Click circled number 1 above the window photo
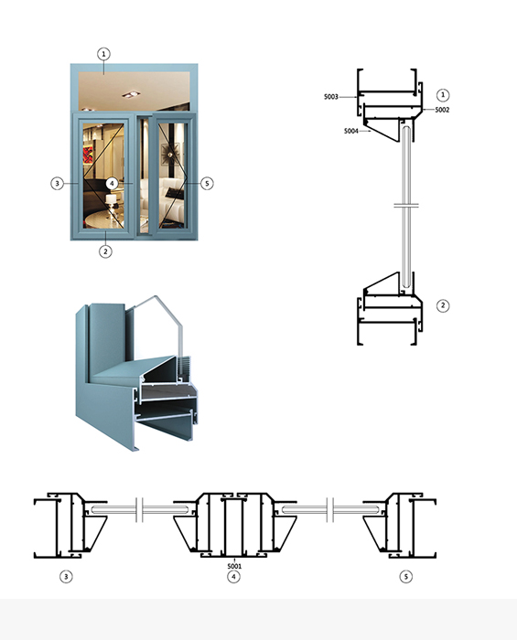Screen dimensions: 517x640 tap(103, 54)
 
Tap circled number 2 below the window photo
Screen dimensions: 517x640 tap(105, 251)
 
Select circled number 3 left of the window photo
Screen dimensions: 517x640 tap(57, 183)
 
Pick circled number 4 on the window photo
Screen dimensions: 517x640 tap(112, 183)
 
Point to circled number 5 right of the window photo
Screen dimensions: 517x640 tap(207, 183)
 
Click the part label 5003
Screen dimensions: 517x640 tap(331, 97)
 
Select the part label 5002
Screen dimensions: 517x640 tap(442, 110)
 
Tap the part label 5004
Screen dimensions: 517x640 tap(351, 131)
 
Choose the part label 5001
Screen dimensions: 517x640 tap(234, 566)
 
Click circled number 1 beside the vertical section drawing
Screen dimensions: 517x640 tap(443, 95)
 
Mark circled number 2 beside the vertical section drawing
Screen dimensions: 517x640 tap(443, 305)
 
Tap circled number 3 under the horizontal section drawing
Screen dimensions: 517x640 tap(66, 577)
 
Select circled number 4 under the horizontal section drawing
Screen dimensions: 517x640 tap(233, 577)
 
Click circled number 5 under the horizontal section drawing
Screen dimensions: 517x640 tap(406, 577)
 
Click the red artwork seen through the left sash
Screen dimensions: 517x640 tap(88, 155)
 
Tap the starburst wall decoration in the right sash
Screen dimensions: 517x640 tap(170, 153)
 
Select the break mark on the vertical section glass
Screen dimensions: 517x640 tap(406, 205)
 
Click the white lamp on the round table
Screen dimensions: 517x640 tap(111, 200)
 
